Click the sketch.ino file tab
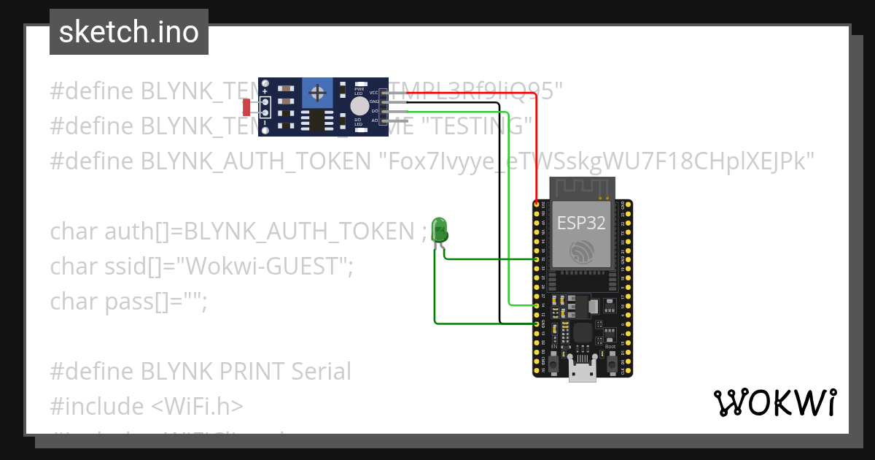pyautogui.click(x=129, y=32)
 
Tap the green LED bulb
pyautogui.click(x=439, y=229)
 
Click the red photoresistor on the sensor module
pyautogui.click(x=246, y=107)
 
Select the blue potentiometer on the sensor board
pyautogui.click(x=317, y=93)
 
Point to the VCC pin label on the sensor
pyautogui.click(x=373, y=93)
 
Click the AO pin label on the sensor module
pyautogui.click(x=374, y=120)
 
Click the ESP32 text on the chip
pyautogui.click(x=581, y=223)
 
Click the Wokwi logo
pyautogui.click(x=774, y=402)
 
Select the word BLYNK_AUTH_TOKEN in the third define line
pyautogui.click(x=255, y=161)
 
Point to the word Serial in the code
pyautogui.click(x=321, y=371)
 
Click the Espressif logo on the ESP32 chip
pyautogui.click(x=582, y=252)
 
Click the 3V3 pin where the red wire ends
pyautogui.click(x=537, y=204)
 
